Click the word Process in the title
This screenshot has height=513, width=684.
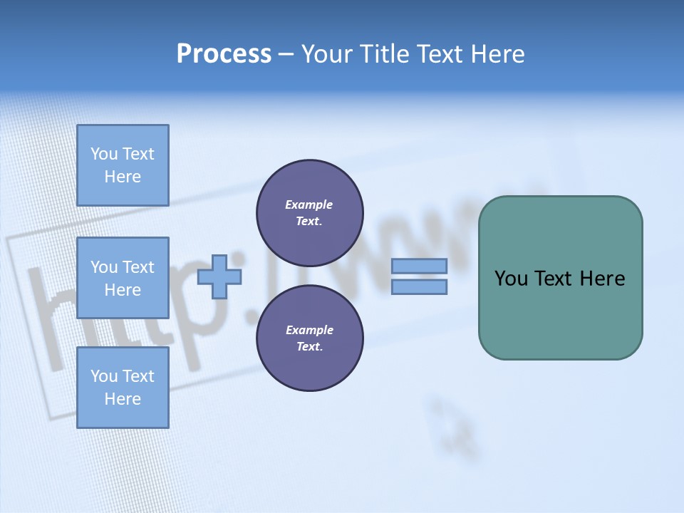[224, 54]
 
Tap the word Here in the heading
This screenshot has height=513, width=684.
[498, 54]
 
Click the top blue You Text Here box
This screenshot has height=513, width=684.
[123, 165]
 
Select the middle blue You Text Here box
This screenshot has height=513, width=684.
[123, 278]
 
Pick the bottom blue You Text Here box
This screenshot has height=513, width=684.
[123, 388]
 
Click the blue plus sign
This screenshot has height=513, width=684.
[219, 276]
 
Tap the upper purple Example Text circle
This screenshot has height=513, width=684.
[310, 213]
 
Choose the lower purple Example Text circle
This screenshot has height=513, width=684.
[310, 338]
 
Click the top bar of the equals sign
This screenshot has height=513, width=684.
[419, 266]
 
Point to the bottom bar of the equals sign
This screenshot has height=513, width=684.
[419, 286]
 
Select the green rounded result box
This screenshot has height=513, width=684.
[560, 313]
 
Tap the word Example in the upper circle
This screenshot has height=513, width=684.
[309, 205]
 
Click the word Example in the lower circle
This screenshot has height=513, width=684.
[309, 331]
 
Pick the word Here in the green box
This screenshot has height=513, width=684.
[602, 279]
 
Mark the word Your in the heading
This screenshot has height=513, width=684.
[328, 54]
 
